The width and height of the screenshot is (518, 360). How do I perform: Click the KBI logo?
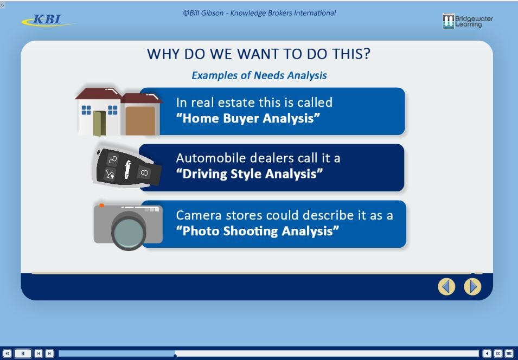click(x=48, y=20)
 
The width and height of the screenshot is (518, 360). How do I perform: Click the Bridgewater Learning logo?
click(x=468, y=21)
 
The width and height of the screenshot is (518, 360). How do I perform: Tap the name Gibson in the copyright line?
click(x=211, y=13)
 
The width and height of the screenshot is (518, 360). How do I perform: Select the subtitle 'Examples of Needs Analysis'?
click(x=259, y=75)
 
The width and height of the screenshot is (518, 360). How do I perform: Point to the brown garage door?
click(x=140, y=120)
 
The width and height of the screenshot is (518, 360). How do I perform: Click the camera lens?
click(x=129, y=231)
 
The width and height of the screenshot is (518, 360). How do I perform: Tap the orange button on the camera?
click(x=102, y=205)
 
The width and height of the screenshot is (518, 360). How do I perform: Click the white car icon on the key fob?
click(x=127, y=170)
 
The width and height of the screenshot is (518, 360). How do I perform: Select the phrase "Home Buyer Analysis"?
click(x=248, y=118)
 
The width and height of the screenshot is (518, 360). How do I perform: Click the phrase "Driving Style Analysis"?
click(x=250, y=173)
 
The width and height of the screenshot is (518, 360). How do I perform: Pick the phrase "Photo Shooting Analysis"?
click(x=258, y=231)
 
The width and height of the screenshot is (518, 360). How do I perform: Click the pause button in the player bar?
click(x=23, y=353)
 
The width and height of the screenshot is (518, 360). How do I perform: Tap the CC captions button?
click(x=498, y=353)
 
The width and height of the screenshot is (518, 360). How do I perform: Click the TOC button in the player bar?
click(x=509, y=353)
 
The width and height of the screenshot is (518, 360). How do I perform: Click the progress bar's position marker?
click(x=175, y=355)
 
